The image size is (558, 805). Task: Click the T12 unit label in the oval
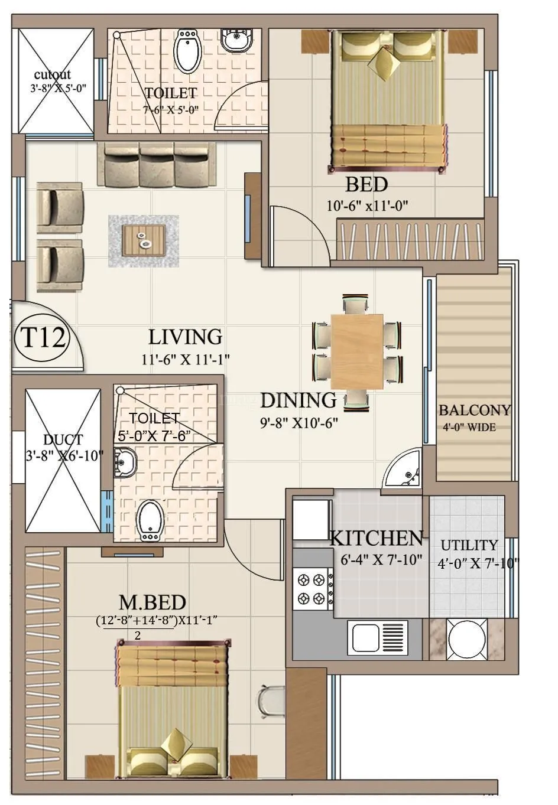43,338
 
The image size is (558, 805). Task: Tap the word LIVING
185,337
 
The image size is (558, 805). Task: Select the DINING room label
298,400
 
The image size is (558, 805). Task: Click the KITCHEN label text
376,538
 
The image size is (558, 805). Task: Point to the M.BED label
153,602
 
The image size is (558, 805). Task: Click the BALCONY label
475,410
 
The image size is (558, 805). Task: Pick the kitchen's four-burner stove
312,589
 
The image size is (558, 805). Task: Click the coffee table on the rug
144,240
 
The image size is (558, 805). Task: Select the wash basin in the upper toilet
238,40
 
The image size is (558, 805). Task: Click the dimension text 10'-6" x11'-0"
368,206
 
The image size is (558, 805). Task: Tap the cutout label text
52,74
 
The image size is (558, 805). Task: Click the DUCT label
63,440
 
